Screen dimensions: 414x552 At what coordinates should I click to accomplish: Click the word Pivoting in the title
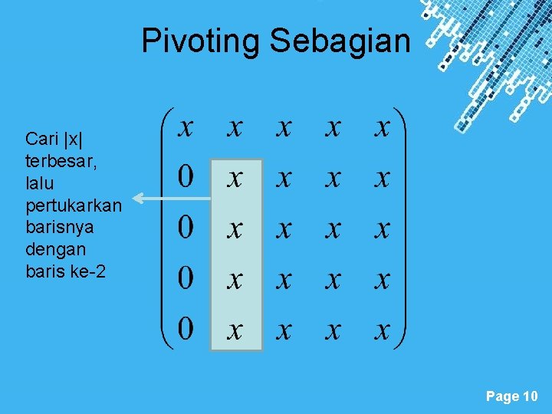(201, 41)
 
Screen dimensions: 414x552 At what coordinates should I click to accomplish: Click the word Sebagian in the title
(340, 41)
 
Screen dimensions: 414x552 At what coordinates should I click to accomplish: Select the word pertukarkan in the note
(74, 205)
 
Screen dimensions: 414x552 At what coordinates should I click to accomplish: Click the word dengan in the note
(55, 249)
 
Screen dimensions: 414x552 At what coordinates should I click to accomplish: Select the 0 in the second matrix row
(186, 179)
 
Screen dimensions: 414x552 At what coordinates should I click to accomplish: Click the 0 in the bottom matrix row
(186, 330)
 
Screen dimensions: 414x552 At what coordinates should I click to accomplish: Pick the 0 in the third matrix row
(186, 228)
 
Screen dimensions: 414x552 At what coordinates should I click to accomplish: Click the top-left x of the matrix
(186, 127)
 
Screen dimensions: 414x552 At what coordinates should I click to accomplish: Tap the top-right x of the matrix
(382, 127)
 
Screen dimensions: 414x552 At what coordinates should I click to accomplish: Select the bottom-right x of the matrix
(382, 331)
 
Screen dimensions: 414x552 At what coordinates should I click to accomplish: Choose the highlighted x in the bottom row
(235, 331)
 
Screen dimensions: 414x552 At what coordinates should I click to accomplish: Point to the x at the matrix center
(284, 229)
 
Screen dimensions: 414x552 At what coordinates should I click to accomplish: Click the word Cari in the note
(41, 139)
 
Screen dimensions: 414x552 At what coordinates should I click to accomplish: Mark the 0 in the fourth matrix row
(186, 279)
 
